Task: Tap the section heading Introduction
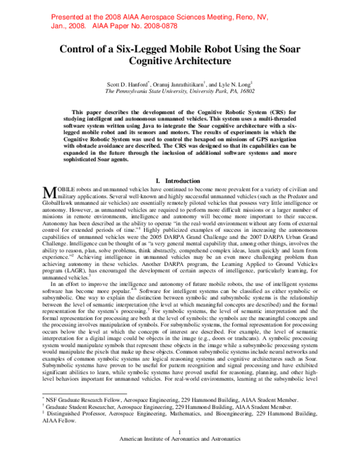point(185,180)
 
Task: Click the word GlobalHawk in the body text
point(62,203)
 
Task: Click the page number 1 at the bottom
point(180,447)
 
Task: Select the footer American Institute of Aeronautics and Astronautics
point(180,455)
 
